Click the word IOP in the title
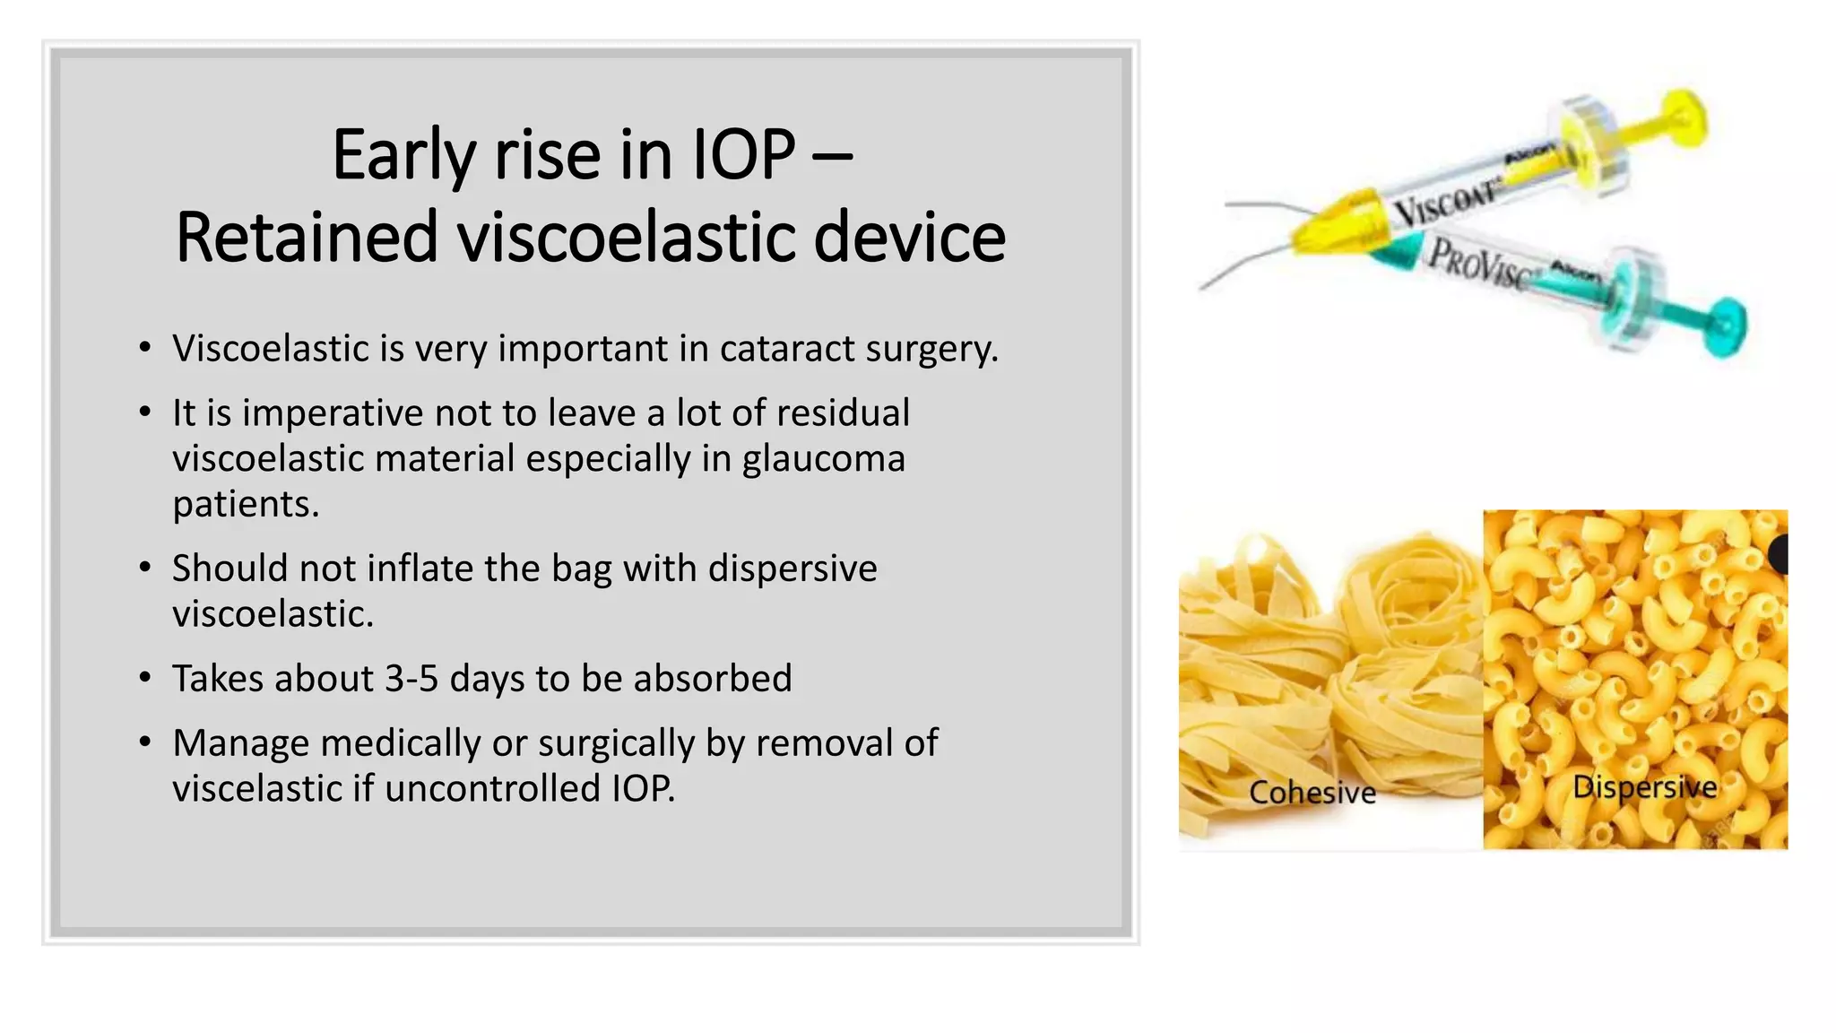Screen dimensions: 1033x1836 (743, 155)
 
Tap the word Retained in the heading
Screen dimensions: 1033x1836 (306, 238)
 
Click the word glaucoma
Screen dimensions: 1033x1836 (823, 459)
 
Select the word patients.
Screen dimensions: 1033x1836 (245, 505)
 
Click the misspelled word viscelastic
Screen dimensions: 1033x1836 (257, 789)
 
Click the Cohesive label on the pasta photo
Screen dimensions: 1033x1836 (1312, 793)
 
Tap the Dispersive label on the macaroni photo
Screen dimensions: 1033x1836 (1644, 787)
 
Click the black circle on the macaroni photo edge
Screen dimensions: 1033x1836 (1780, 554)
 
